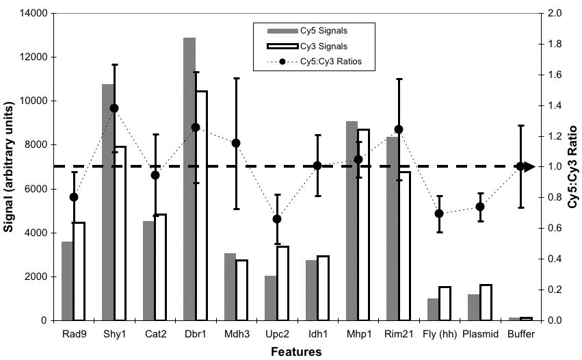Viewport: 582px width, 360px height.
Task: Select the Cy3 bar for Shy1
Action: coord(120,233)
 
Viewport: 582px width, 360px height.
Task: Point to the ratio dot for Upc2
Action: coord(277,219)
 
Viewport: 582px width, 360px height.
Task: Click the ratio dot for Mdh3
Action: coord(236,143)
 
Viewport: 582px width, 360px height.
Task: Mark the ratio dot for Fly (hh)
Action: coord(439,214)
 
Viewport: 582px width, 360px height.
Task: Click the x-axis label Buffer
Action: coord(520,333)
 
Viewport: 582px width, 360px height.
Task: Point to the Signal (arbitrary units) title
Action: coord(10,166)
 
